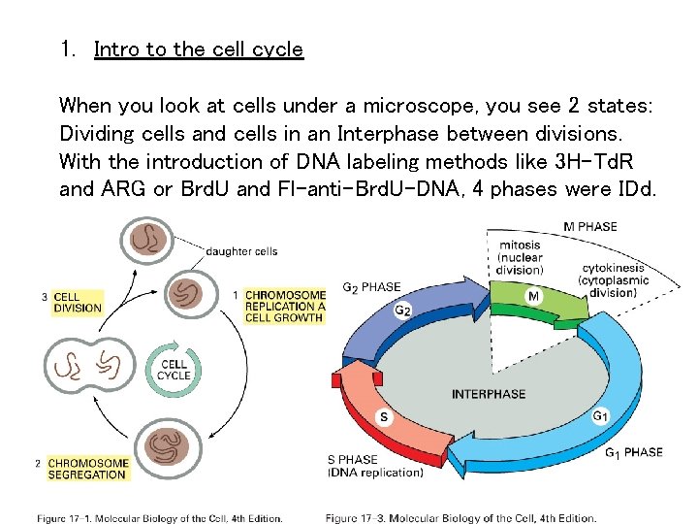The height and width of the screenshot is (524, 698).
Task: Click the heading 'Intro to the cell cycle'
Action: click(198, 49)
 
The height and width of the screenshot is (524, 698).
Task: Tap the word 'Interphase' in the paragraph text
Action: click(387, 133)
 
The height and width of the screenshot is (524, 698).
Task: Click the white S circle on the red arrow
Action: click(384, 418)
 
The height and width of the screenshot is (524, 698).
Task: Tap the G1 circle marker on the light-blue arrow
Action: click(601, 416)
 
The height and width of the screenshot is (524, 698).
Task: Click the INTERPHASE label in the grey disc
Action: click(489, 394)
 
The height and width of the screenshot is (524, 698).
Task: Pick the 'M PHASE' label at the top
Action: click(589, 227)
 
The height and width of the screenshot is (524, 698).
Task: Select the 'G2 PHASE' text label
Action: click(371, 287)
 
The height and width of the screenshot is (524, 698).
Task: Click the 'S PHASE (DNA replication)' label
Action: click(374, 467)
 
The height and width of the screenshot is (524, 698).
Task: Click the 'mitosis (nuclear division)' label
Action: click(520, 257)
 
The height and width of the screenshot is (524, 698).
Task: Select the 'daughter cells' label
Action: click(241, 251)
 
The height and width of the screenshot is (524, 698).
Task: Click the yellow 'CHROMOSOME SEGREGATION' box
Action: click(87, 469)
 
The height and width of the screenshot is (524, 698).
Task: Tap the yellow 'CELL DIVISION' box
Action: click(78, 303)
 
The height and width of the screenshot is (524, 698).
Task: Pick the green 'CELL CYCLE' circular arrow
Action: click(174, 370)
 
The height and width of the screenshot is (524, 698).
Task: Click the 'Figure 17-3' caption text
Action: click(460, 517)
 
